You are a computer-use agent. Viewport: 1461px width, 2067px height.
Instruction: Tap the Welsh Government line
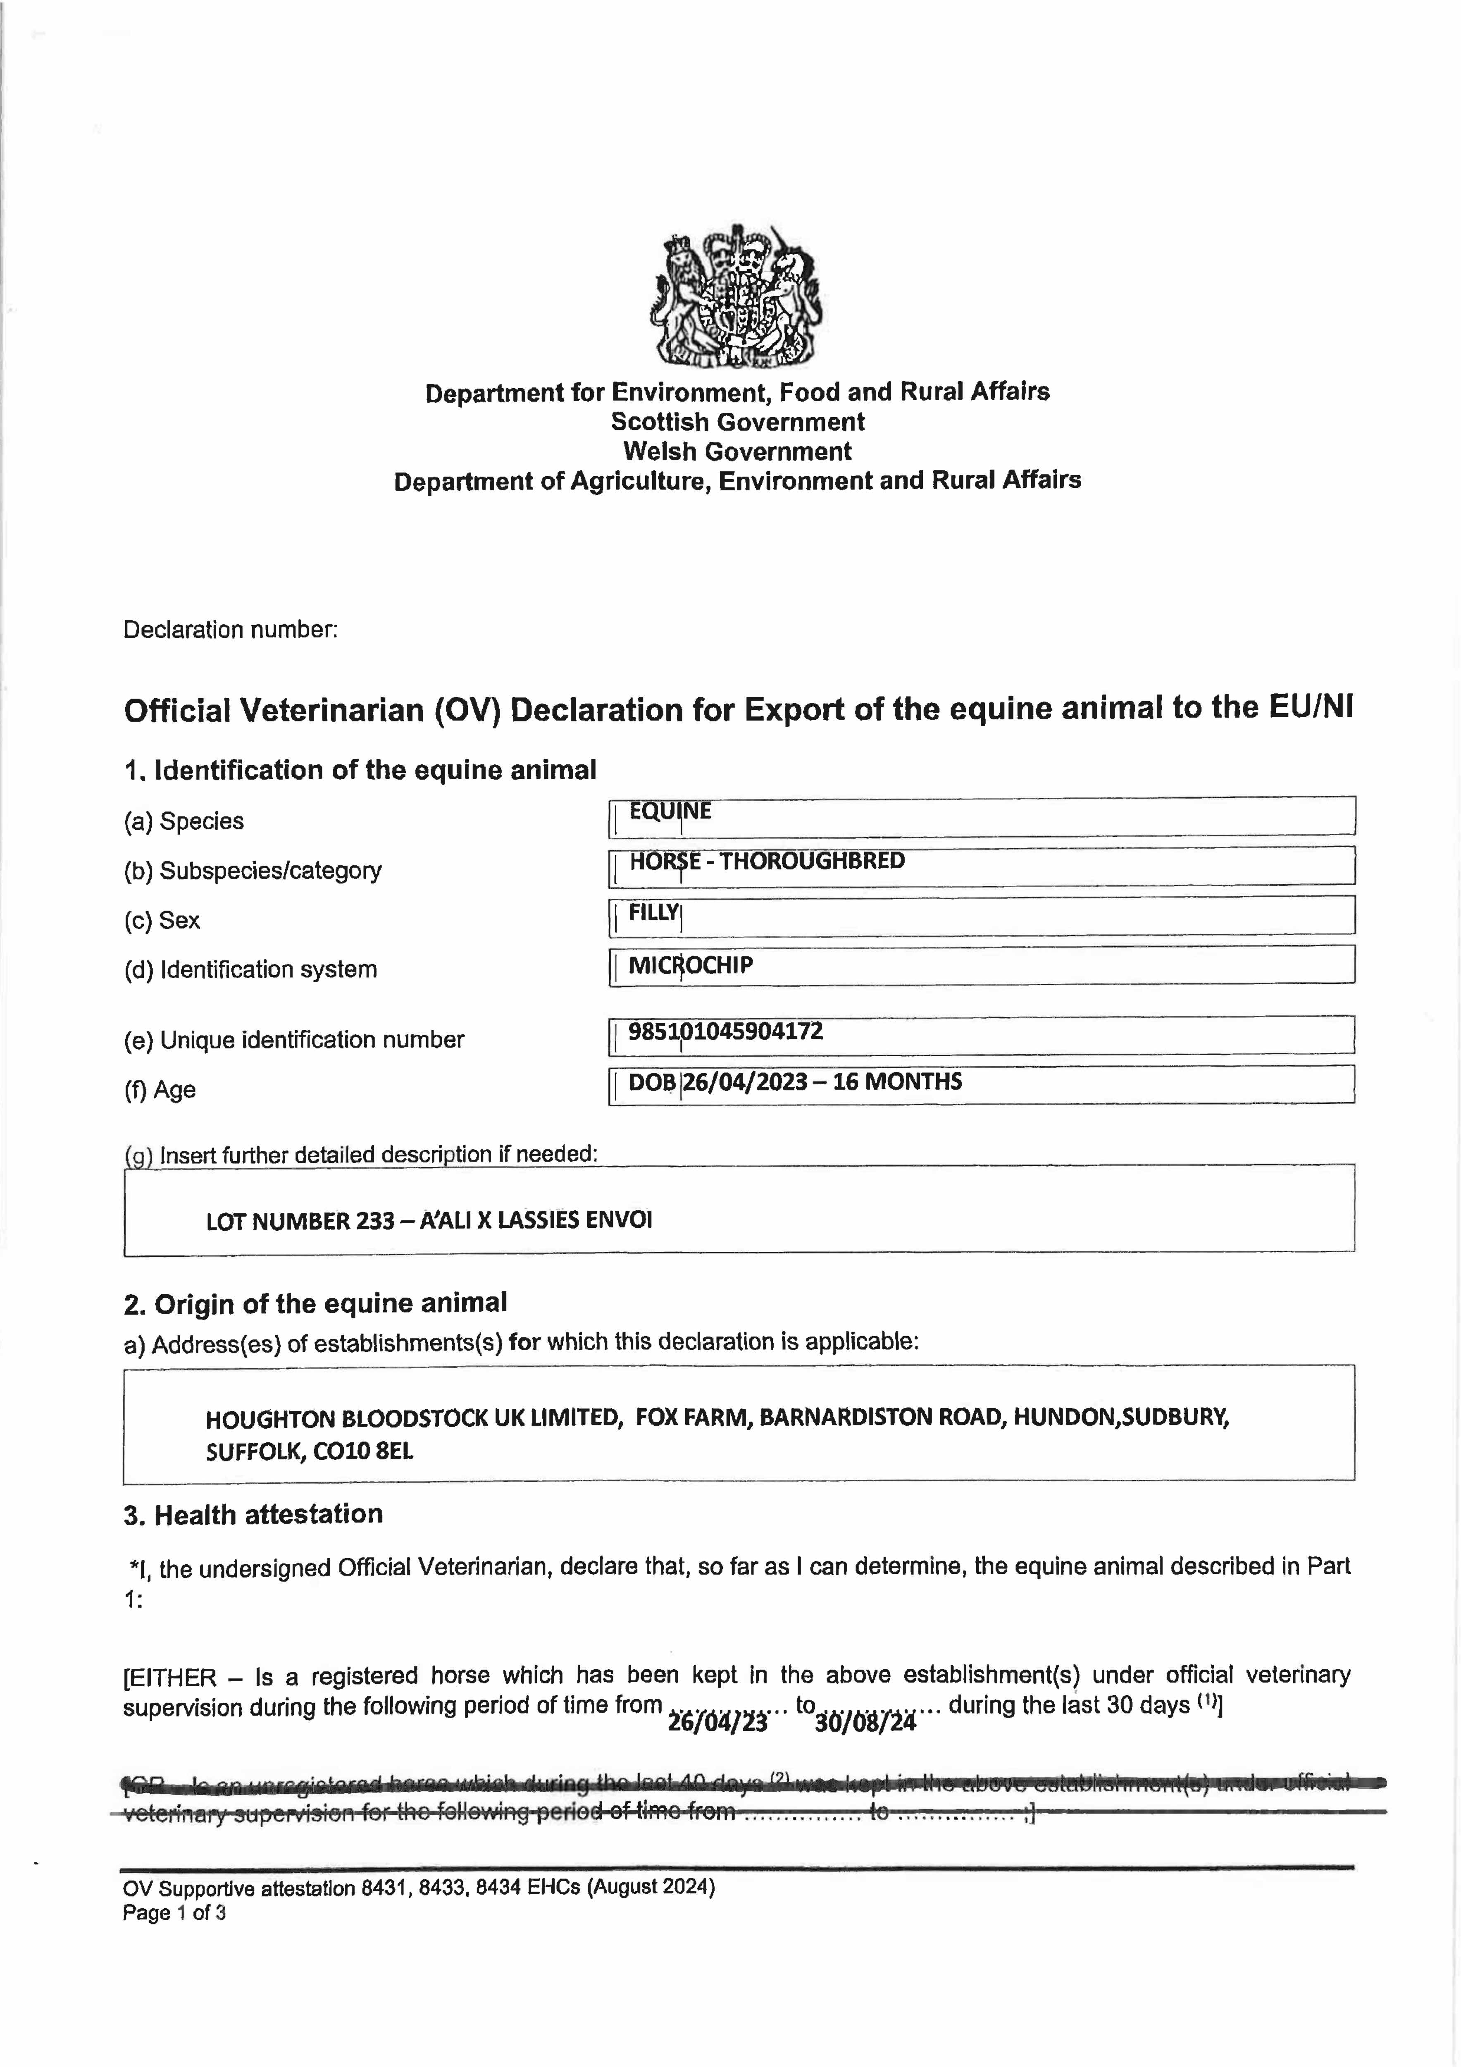point(737,451)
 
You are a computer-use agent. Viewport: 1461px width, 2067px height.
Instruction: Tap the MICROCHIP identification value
point(691,965)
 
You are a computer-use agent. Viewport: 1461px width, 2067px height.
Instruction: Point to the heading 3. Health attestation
point(253,1514)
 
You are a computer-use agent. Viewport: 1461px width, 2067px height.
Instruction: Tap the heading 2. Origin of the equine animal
point(315,1303)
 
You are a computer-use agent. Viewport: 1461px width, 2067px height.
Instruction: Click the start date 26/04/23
point(717,1722)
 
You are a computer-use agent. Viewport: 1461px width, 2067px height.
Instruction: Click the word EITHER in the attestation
point(173,1677)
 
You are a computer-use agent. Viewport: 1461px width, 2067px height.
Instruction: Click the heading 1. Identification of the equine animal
point(360,771)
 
